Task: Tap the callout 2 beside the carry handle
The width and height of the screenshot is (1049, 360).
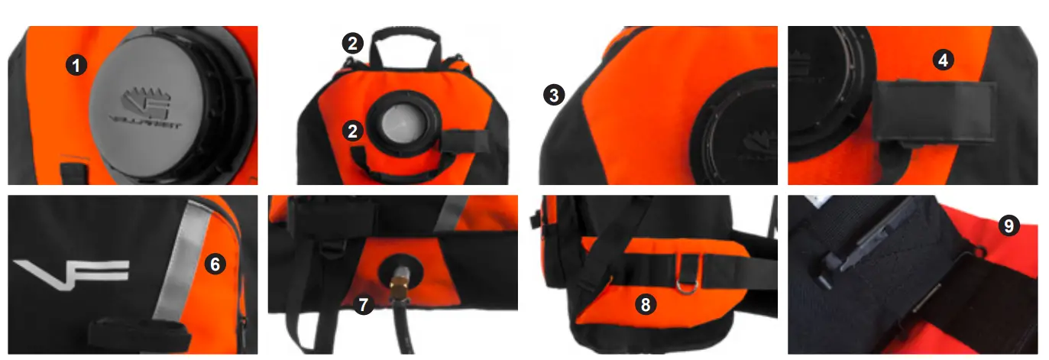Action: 352,44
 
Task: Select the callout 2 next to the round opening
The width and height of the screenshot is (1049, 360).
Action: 352,131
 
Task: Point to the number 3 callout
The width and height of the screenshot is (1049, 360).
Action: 554,95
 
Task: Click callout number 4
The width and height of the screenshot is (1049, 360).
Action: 944,60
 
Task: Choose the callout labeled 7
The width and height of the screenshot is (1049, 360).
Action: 364,305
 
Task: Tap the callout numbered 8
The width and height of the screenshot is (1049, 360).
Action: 646,305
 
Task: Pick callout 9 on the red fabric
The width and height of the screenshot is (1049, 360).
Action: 1009,226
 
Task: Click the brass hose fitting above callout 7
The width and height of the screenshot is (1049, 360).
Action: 399,284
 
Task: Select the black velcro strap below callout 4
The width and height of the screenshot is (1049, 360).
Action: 934,113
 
